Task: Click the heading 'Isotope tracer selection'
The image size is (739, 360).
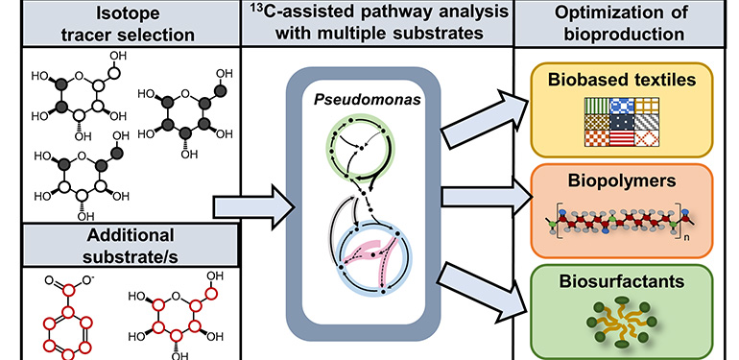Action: pos(117,25)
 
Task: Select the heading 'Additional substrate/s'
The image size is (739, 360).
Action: pos(117,248)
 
